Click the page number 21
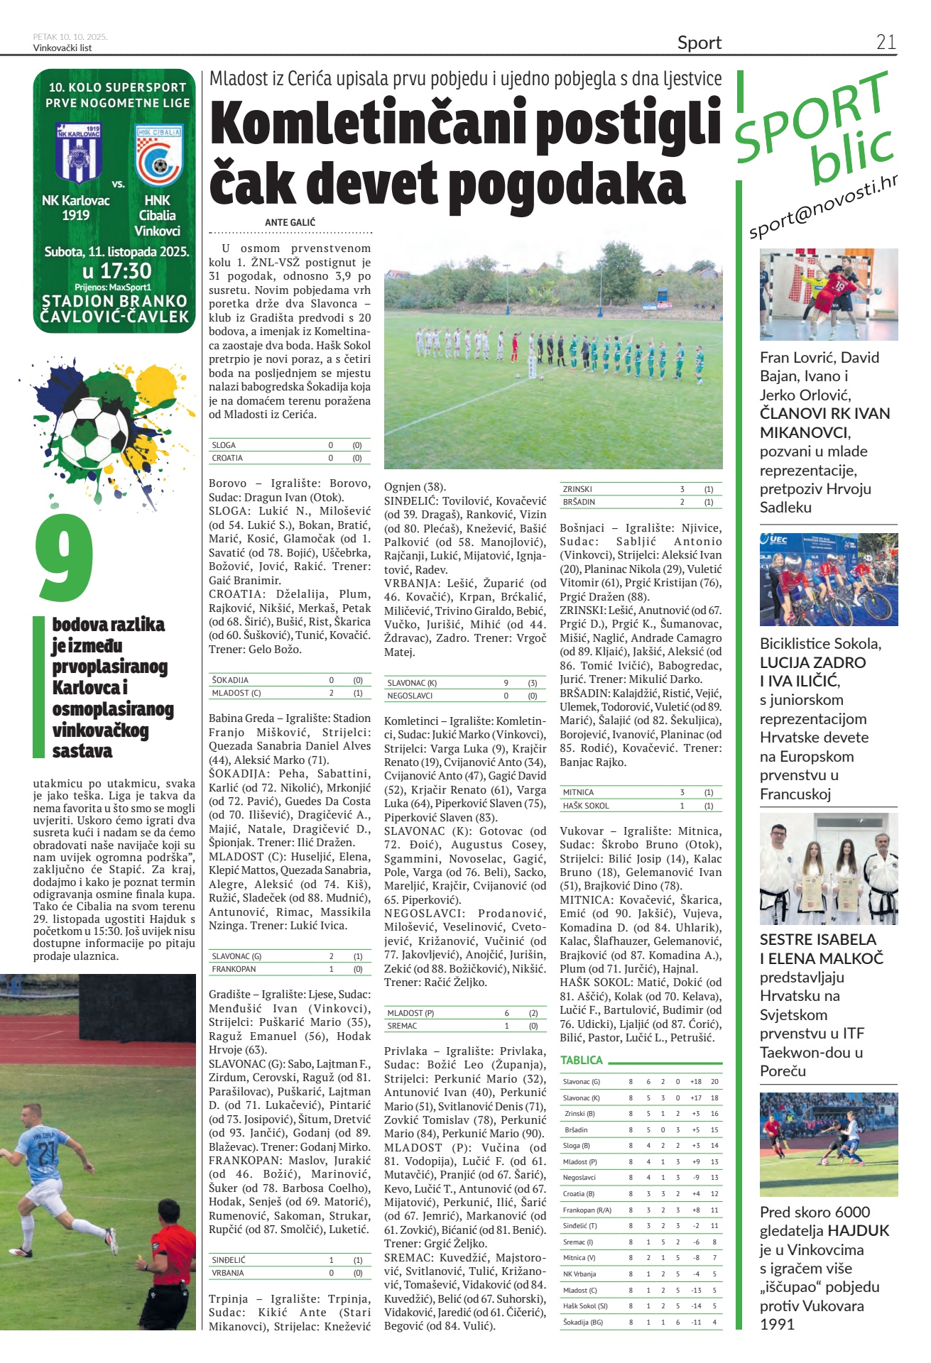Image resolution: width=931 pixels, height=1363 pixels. point(886,42)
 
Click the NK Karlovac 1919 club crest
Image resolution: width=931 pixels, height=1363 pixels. point(79,152)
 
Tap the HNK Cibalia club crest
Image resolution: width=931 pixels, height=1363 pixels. point(159,154)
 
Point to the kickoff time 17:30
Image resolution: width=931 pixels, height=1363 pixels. point(116,270)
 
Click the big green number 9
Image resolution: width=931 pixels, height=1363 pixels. point(64,558)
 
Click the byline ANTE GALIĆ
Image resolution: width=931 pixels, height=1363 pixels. point(290,222)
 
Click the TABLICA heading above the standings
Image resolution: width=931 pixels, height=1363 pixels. point(581,1060)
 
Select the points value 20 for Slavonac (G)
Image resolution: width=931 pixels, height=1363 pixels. point(714,1082)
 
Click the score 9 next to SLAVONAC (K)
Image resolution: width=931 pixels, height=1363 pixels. point(506,683)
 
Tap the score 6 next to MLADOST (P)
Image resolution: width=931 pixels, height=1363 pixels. point(506,1013)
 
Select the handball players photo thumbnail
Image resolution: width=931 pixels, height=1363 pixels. point(828,294)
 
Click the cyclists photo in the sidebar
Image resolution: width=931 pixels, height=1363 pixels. point(828,579)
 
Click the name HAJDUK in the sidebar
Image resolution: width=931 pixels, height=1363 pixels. point(858,1231)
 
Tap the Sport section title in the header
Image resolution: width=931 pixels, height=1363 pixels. point(699,43)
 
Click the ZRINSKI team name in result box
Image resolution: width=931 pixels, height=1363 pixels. point(577,489)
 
